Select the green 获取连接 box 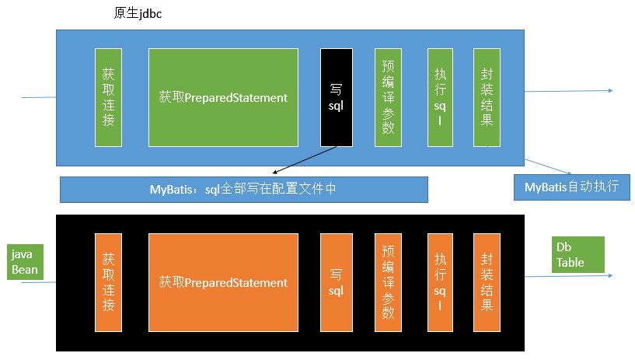[108, 97]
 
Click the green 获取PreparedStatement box [223, 97]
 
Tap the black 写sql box [336, 97]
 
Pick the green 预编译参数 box [388, 97]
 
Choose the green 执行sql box [440, 97]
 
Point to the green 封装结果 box [487, 97]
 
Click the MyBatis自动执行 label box [571, 187]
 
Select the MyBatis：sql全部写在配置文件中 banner [243, 189]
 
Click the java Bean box [24, 262]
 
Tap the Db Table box [577, 254]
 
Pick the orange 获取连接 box [108, 282]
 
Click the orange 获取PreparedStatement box [223, 282]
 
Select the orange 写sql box [336, 282]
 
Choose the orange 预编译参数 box [388, 282]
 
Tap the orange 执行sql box [440, 282]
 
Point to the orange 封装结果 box [487, 282]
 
